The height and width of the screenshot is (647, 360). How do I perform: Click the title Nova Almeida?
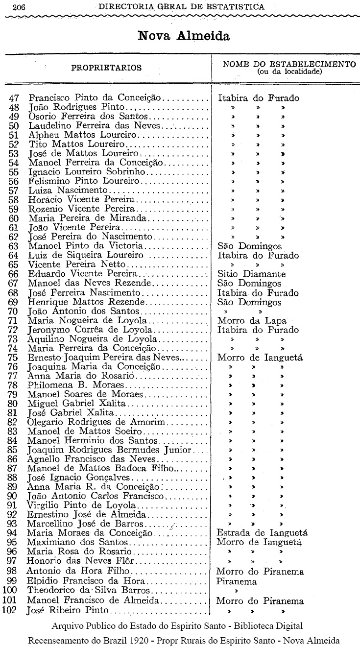(184, 36)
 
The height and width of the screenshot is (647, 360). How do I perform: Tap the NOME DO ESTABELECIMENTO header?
(289, 64)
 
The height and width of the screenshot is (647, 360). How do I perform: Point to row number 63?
(14, 246)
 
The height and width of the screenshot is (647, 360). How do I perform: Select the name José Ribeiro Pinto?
(69, 610)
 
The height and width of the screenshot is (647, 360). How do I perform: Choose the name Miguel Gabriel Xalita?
(77, 403)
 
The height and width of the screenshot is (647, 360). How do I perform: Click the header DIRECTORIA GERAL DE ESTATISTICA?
(181, 7)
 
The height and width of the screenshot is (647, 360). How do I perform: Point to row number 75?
(14, 358)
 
